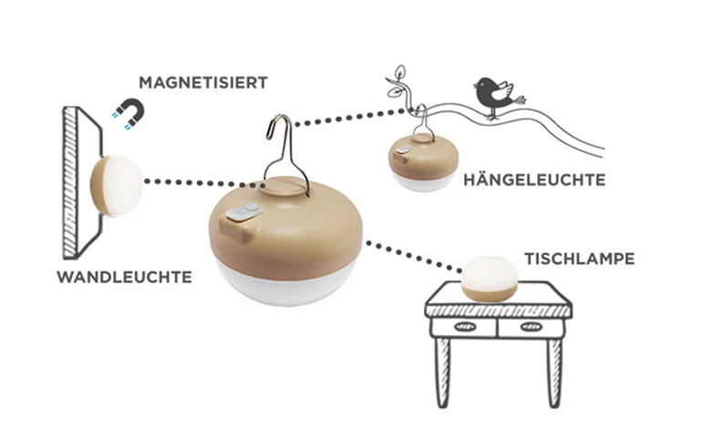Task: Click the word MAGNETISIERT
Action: tap(202, 83)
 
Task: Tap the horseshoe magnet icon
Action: tap(130, 113)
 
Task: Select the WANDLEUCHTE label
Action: tap(125, 277)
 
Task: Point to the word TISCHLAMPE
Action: tap(580, 259)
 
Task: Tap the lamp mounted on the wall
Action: tap(116, 186)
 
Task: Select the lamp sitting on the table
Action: tap(490, 279)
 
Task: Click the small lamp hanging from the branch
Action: tap(423, 162)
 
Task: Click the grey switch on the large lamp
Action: tap(243, 212)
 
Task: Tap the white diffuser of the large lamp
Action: tap(286, 284)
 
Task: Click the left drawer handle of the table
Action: tap(465, 327)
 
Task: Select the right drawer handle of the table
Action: tap(532, 327)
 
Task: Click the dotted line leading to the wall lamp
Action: tap(204, 183)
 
